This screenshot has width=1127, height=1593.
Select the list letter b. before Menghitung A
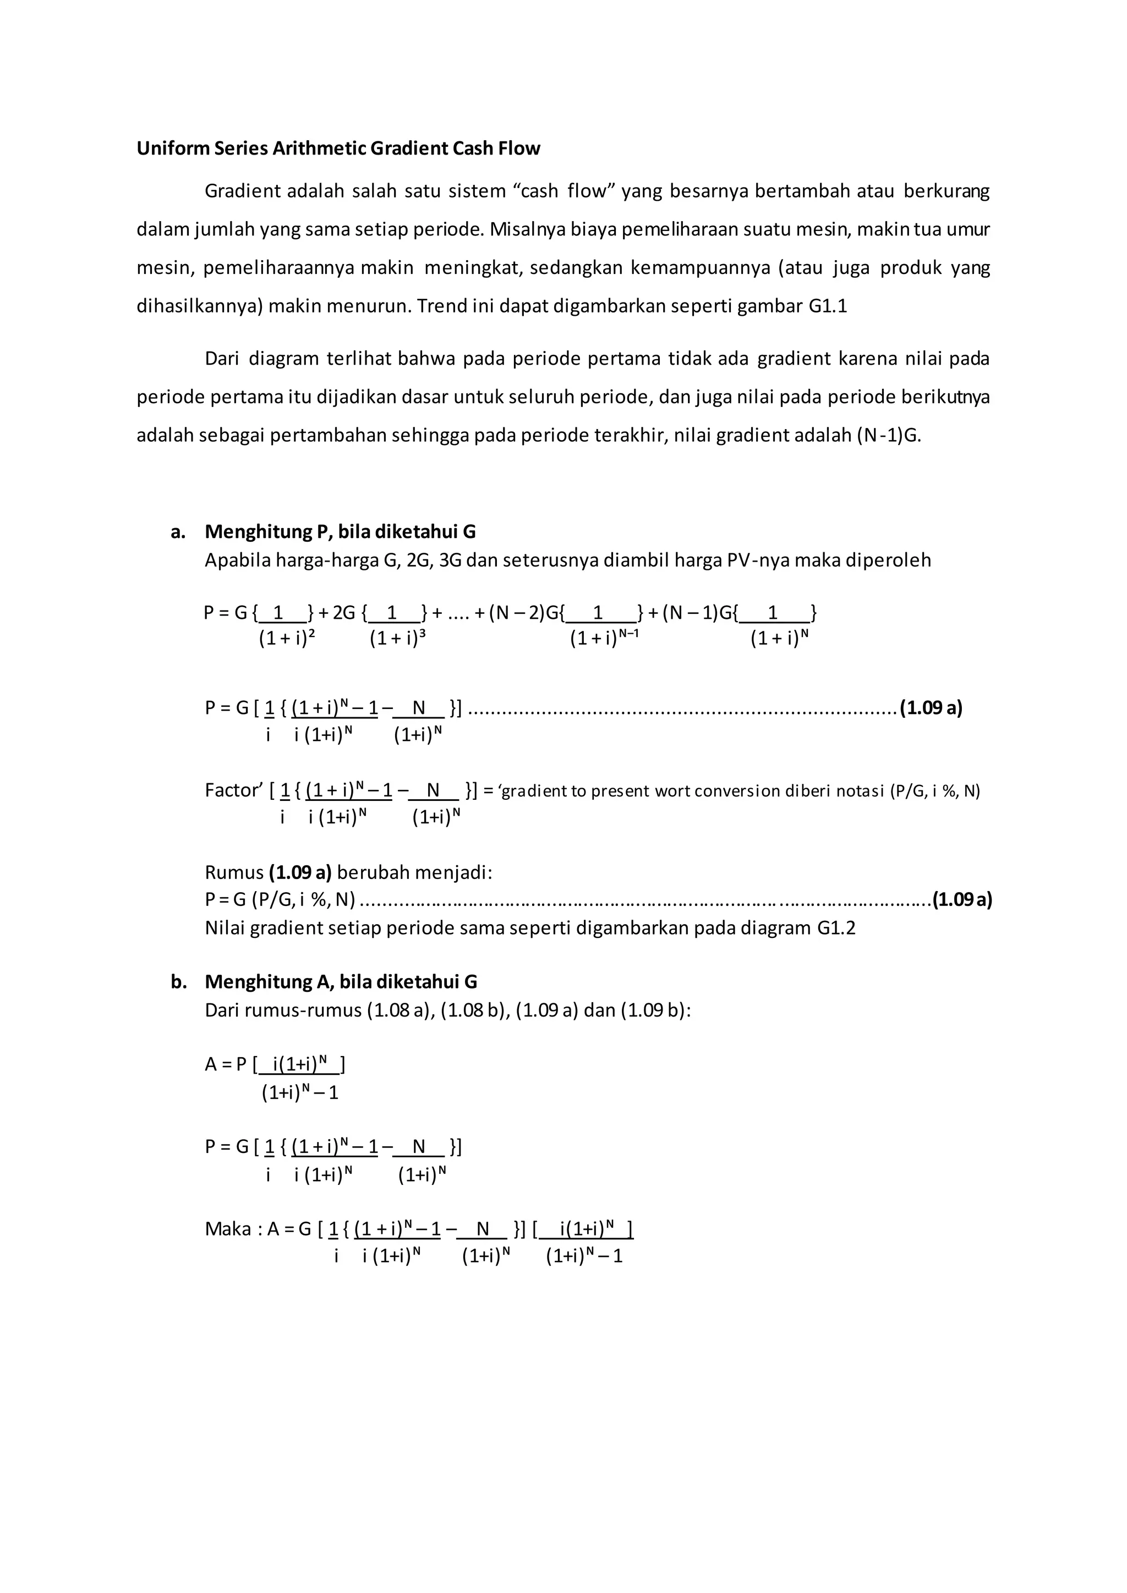(x=179, y=981)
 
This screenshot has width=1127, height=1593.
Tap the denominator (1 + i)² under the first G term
(x=287, y=638)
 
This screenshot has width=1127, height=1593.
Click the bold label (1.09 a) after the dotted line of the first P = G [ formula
(x=931, y=708)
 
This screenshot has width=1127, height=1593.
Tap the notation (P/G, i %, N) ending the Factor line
(x=935, y=791)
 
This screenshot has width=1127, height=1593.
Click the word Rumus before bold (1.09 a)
(x=234, y=872)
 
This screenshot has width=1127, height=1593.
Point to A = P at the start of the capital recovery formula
(x=226, y=1064)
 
